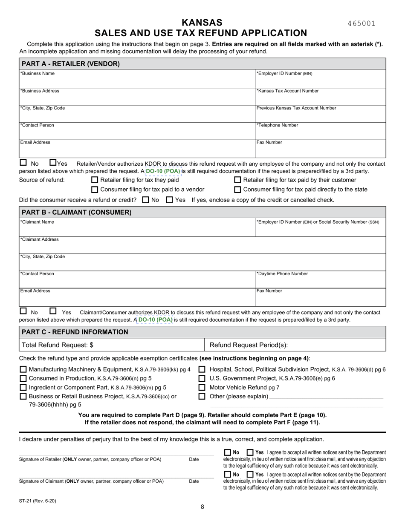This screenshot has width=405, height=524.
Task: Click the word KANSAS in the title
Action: pyautogui.click(x=202, y=23)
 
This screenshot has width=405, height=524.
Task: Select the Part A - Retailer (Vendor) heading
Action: pyautogui.click(x=70, y=64)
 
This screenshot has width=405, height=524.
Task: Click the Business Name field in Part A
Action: pyautogui.click(x=136, y=80)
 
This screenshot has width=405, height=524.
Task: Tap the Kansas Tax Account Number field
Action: pyautogui.click(x=320, y=98)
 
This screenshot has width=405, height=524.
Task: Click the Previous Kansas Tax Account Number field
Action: pyautogui.click(x=320, y=115)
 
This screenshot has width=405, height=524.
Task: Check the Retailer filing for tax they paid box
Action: pyautogui.click(x=95, y=180)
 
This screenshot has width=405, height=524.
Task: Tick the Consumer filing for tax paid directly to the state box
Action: pyautogui.click(x=238, y=190)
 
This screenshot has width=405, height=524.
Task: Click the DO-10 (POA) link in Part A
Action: pyautogui.click(x=163, y=171)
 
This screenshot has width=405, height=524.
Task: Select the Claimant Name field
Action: pyautogui.click(x=136, y=228)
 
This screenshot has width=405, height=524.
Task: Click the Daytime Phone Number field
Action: pyautogui.click(x=320, y=280)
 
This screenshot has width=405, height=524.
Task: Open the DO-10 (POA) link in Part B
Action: pyautogui.click(x=155, y=320)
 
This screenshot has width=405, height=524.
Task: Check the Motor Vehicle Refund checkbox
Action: pyautogui.click(x=202, y=388)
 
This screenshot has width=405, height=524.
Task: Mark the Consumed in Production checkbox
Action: pyautogui.click(x=23, y=379)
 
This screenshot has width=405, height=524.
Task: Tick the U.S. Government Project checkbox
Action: pyautogui.click(x=202, y=378)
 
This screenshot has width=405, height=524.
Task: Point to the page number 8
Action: pyautogui.click(x=202, y=507)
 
